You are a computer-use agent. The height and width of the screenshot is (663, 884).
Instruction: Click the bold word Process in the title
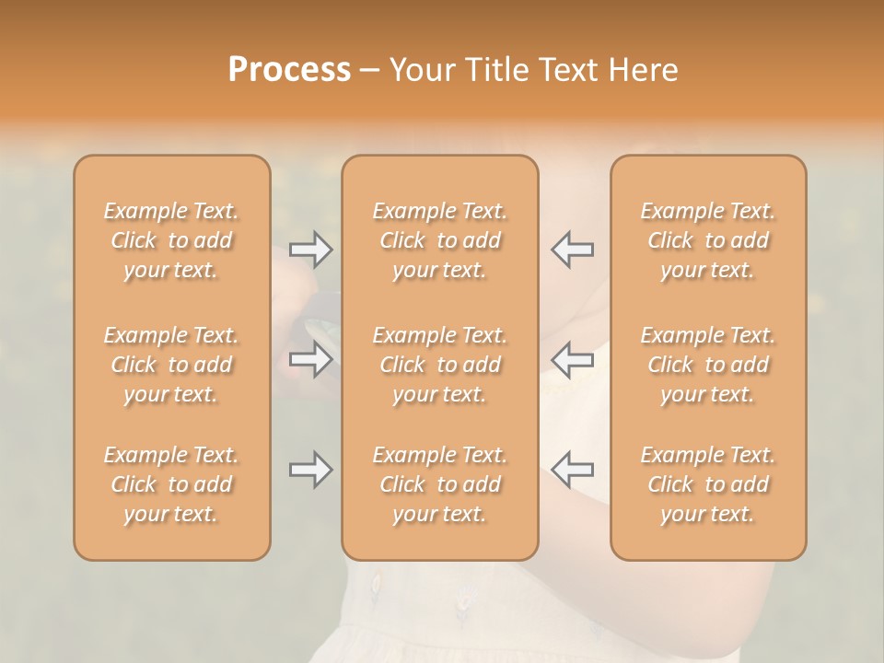click(289, 70)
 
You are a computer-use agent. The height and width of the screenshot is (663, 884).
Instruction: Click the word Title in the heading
click(494, 70)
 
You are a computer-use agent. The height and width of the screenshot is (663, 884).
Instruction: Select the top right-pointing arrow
click(310, 250)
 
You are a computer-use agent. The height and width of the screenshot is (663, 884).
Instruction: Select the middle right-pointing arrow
click(310, 360)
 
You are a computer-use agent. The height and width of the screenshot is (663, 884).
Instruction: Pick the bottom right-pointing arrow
click(310, 471)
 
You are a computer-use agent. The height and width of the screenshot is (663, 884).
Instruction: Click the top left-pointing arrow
click(572, 250)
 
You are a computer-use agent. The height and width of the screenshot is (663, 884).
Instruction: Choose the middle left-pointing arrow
click(572, 360)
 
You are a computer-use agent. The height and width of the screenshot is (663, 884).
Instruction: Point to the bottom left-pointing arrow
click(572, 471)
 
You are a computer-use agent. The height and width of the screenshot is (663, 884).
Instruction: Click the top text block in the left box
click(171, 240)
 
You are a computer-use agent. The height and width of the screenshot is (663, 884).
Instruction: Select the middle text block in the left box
click(171, 365)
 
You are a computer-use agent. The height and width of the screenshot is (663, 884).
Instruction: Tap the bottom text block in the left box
click(171, 484)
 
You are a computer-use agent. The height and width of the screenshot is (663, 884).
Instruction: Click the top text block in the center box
click(439, 240)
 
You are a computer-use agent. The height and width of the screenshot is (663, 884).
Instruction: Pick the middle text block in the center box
click(439, 365)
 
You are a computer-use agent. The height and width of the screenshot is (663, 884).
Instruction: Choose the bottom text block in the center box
click(439, 484)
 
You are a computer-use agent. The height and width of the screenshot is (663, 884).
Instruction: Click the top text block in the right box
click(708, 240)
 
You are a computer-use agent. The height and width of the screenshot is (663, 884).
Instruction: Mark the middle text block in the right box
click(708, 365)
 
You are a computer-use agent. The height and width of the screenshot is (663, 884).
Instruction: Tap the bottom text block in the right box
click(708, 484)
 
